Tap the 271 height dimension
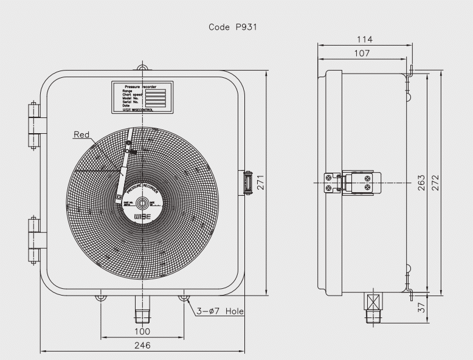point(260,182)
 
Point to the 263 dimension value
point(421,182)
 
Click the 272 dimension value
point(435,182)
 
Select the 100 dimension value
point(142,331)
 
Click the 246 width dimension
point(142,345)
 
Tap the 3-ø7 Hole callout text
point(219,311)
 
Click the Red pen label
point(81,134)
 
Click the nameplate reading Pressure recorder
point(142,97)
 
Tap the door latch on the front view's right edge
point(247,182)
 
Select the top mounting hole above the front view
point(142,67)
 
